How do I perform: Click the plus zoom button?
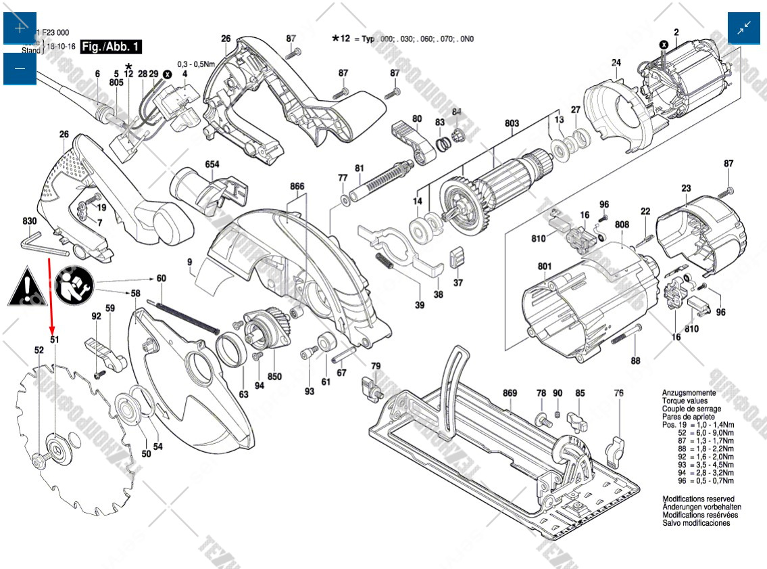(20, 28)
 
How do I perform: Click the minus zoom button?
(20, 68)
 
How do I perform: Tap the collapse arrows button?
(744, 28)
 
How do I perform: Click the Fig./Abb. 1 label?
(111, 47)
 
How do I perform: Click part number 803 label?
(512, 123)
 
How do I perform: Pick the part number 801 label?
(545, 266)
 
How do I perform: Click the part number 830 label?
(29, 221)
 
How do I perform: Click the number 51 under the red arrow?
(55, 340)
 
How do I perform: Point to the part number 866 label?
(297, 186)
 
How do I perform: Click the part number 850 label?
(274, 376)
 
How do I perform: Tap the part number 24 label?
(616, 63)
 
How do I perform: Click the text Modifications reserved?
(696, 499)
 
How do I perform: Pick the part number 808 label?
(622, 225)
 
